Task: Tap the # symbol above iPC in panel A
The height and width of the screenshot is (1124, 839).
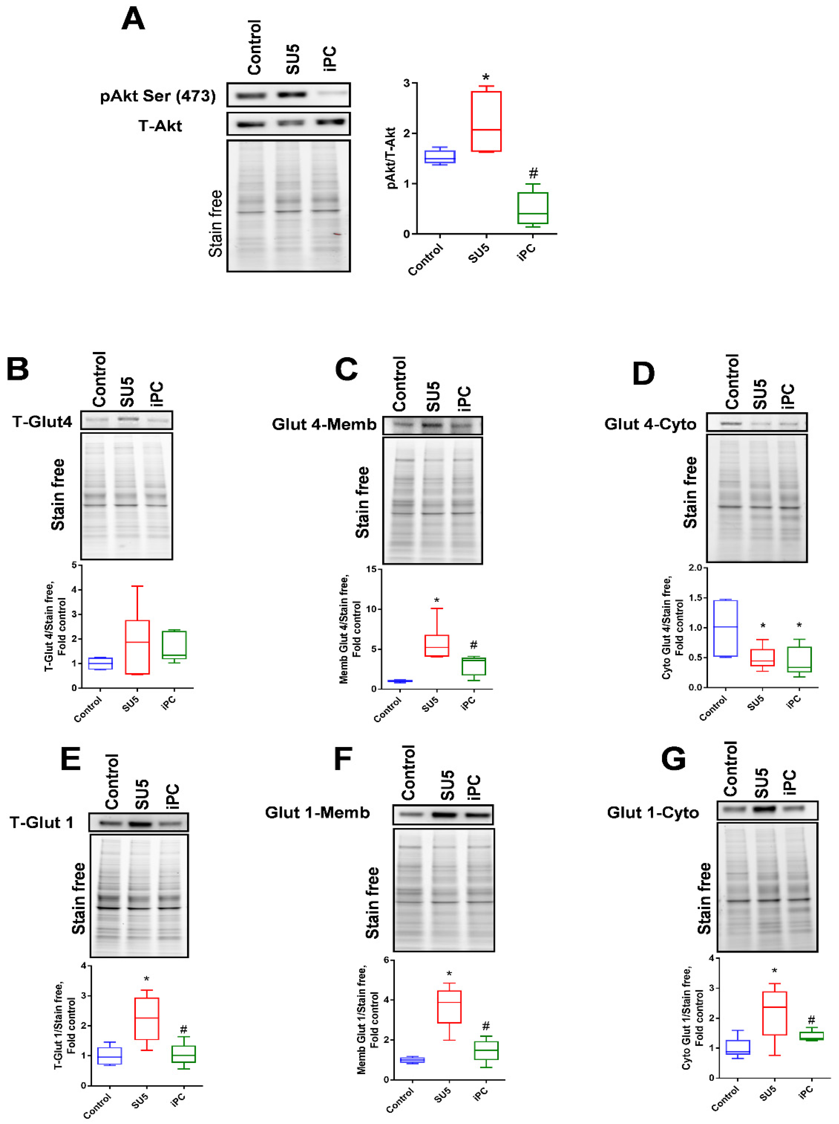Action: [x=533, y=173]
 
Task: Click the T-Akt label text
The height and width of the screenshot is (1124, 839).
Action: [x=160, y=126]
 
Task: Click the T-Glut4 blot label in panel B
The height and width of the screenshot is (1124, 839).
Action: [x=42, y=421]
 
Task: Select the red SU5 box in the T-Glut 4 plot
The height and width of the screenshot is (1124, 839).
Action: [x=137, y=647]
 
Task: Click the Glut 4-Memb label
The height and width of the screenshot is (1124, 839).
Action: [x=324, y=424]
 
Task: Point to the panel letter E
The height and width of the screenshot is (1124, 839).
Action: [x=71, y=760]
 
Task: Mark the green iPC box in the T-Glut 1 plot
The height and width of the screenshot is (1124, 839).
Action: [x=183, y=1054]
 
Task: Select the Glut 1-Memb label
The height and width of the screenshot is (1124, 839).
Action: [x=318, y=813]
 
